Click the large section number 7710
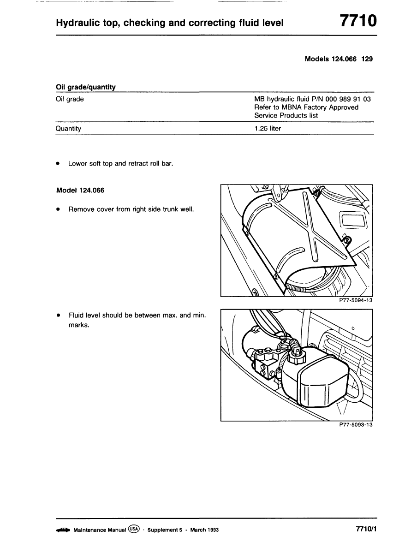(358, 21)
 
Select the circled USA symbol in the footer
(134, 529)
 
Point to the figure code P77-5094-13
(355, 300)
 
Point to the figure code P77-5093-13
(355, 425)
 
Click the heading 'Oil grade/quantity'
(85, 87)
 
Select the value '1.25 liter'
(268, 129)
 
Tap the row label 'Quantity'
(68, 129)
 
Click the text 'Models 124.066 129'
(339, 59)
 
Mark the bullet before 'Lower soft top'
(58, 163)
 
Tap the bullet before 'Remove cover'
(58, 209)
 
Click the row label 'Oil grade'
(70, 99)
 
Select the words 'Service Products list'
(286, 115)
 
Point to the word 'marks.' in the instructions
(78, 325)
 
